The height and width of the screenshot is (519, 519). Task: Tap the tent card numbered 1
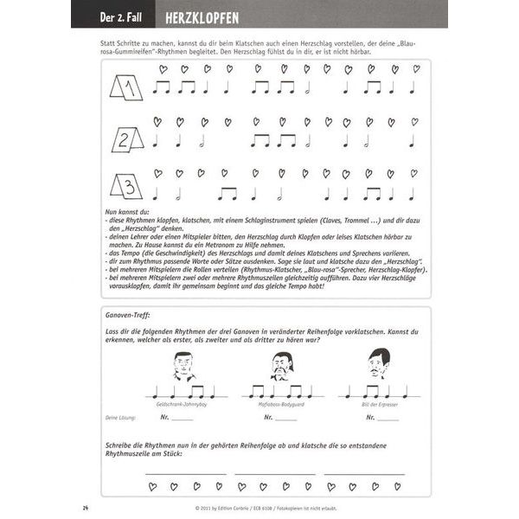pos(125,87)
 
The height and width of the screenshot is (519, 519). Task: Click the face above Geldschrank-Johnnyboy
pos(184,367)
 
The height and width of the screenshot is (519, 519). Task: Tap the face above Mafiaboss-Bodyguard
pos(280,367)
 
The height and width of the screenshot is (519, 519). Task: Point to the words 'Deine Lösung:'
pos(121,417)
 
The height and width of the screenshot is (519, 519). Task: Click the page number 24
pos(86,506)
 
